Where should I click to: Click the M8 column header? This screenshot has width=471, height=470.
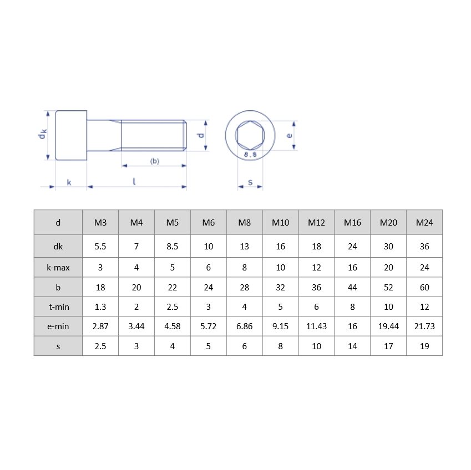click(x=244, y=223)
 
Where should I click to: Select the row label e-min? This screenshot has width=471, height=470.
click(x=58, y=326)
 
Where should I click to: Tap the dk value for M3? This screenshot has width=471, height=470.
click(x=100, y=247)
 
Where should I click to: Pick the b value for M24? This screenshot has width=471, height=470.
click(x=424, y=288)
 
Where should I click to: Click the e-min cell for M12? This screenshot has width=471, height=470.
click(x=316, y=326)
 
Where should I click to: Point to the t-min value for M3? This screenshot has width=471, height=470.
click(x=100, y=306)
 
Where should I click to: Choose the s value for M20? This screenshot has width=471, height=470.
click(x=388, y=346)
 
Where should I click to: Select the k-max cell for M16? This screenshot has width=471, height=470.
click(x=352, y=268)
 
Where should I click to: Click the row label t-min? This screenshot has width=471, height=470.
click(x=58, y=306)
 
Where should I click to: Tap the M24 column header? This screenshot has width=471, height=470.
click(x=424, y=223)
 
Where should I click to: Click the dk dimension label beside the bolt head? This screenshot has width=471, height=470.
click(x=42, y=135)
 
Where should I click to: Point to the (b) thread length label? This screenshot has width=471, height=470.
click(x=154, y=161)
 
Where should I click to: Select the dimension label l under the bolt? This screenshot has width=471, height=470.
click(x=134, y=181)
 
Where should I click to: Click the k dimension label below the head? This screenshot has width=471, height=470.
click(x=69, y=182)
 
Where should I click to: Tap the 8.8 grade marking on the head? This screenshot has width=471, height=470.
click(x=250, y=155)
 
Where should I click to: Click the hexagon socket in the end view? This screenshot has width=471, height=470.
click(x=250, y=135)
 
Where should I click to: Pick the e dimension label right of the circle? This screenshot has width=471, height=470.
click(x=288, y=135)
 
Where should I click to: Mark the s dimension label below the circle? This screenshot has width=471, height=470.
click(x=250, y=182)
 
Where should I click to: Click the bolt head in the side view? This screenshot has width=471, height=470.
click(x=71, y=135)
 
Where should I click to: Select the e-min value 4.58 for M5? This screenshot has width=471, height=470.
click(x=172, y=326)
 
